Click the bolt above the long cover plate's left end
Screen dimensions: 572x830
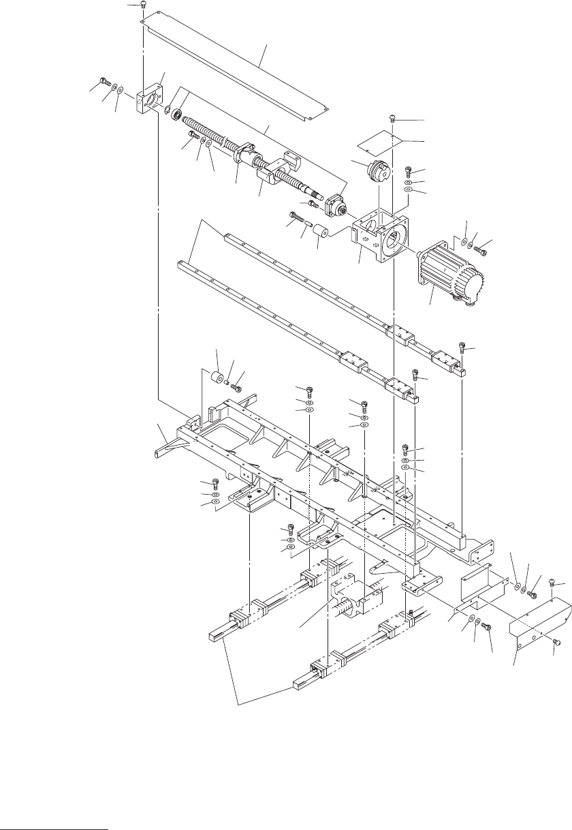pyautogui.click(x=143, y=5)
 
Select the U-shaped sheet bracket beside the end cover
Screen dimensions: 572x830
pyautogui.click(x=485, y=585)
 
